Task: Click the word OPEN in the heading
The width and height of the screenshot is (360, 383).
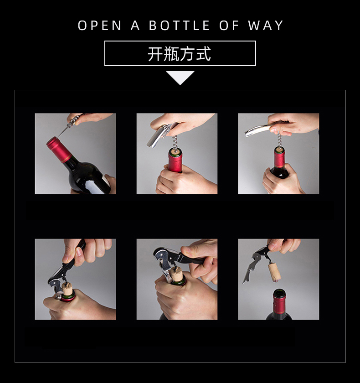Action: point(100,26)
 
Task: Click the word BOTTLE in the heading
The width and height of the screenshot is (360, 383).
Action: point(180,26)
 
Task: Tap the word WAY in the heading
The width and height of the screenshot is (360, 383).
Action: point(266,26)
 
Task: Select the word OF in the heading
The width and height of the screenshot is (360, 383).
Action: point(229,26)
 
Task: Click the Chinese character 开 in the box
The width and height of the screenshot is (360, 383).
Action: point(155,54)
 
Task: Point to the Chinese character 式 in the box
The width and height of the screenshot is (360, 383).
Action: point(204,54)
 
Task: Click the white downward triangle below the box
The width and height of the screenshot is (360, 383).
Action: point(180,78)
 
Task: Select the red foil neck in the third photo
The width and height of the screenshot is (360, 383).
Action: point(279,158)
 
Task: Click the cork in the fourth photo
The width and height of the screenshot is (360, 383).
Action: point(66,289)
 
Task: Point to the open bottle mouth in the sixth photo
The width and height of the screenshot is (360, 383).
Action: point(279,292)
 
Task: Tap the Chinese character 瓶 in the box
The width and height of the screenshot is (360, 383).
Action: point(171,54)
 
